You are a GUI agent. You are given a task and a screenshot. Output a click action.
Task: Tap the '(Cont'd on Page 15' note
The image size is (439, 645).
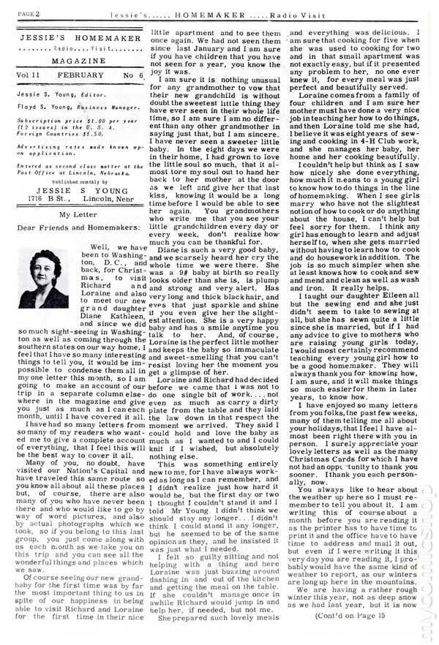pos(380,636)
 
